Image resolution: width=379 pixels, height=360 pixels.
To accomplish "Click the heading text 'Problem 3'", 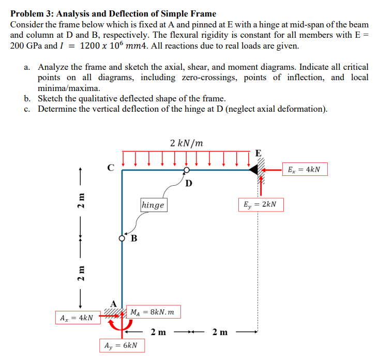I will click(32, 13).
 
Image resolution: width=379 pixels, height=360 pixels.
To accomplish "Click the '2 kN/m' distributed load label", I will click(186, 143).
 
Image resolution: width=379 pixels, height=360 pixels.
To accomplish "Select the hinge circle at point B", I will click(123, 238).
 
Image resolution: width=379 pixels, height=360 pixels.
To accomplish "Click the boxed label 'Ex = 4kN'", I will click(307, 170).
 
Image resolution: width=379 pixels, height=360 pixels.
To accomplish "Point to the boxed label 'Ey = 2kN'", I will click(260, 204).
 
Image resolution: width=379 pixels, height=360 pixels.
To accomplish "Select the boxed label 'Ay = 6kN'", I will click(121, 344).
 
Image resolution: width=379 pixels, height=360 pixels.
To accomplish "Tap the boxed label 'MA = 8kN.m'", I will click(154, 312).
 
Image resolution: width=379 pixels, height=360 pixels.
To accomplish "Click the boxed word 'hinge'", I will click(153, 205).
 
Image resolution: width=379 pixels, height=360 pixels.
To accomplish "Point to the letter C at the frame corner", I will click(110, 167).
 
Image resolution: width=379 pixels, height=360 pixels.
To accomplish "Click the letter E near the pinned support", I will click(258, 153).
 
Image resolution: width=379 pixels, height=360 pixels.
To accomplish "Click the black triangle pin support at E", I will click(253, 170).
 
